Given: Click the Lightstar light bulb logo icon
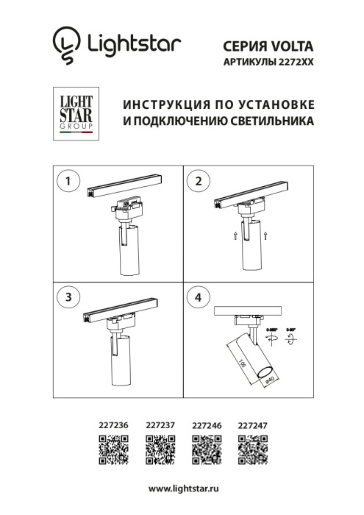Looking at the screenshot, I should point(67,44).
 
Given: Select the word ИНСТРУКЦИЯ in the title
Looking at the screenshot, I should point(160,103).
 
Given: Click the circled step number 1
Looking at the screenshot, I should point(68,180).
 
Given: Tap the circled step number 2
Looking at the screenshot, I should point(198,180).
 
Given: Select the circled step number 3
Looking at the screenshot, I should point(68,297).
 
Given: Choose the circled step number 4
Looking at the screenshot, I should point(198,297).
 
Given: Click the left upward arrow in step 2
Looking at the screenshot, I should point(235,235).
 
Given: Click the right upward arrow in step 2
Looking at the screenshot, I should point(272,235).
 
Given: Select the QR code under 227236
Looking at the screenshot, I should point(113,449).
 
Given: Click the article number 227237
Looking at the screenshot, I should point(160,425).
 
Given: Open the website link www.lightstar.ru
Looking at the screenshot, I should point(183,489).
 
